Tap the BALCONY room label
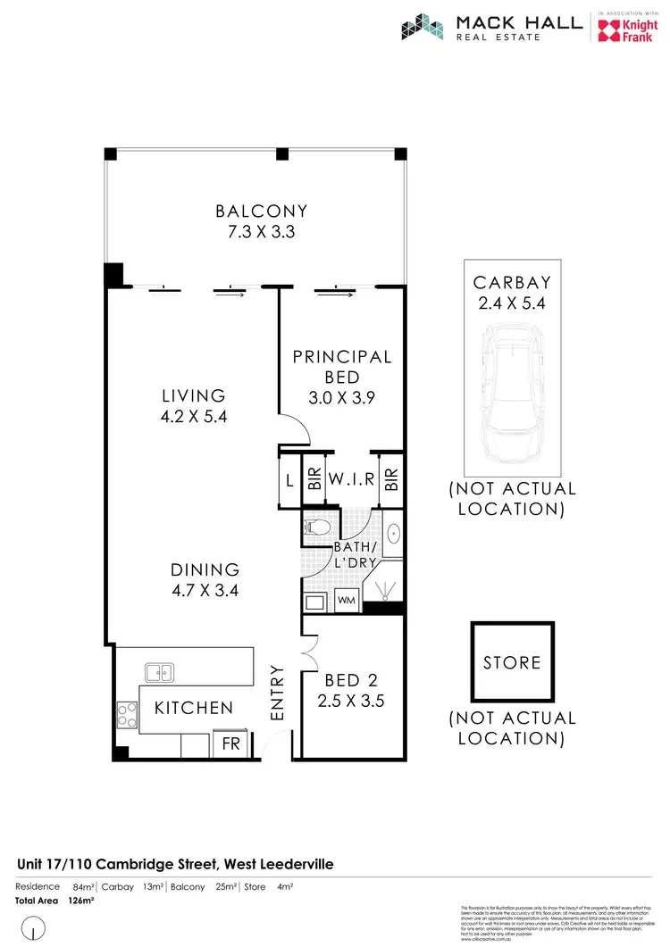pos(261,212)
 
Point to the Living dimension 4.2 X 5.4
pos(193,416)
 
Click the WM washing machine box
pos(348,602)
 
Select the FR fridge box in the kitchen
pos(231,743)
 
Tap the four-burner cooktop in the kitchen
pos(126,714)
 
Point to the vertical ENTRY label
pos(277,694)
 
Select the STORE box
pos(512,662)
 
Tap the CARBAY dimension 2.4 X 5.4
pos(512,303)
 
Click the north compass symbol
pos(32,931)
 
